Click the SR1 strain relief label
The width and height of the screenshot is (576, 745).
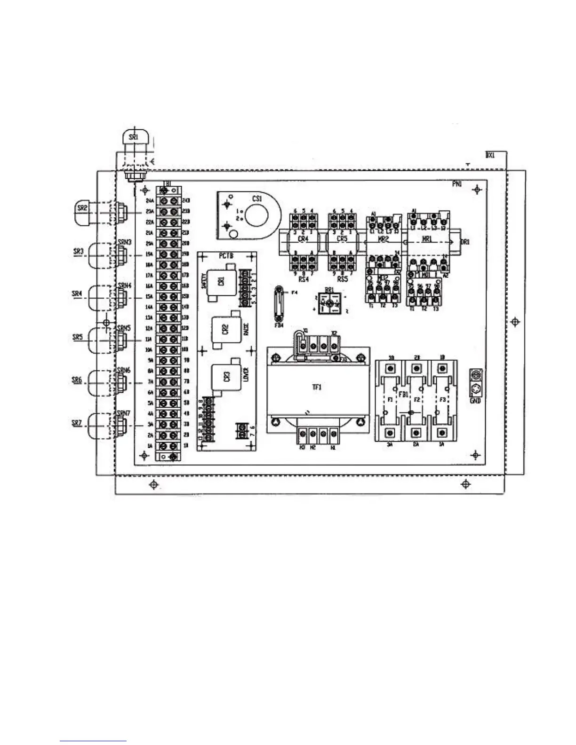134,137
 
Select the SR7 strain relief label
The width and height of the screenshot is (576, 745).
77,422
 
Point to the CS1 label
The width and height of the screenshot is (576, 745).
256,199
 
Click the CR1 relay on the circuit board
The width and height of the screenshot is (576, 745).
221,281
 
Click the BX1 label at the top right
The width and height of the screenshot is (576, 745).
490,155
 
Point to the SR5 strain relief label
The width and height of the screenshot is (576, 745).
77,337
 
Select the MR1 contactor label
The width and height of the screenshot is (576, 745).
427,240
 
